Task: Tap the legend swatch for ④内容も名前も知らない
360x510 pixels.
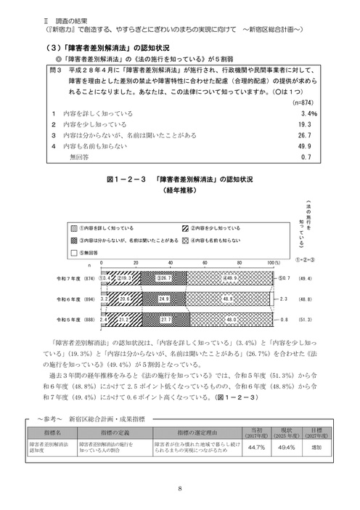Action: [187, 239]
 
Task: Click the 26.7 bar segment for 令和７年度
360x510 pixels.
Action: [163, 278]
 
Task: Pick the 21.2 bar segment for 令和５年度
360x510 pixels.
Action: [128, 318]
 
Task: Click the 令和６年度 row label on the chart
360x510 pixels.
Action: [75, 298]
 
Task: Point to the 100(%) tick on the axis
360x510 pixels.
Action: [272, 262]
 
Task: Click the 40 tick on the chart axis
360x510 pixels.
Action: [170, 262]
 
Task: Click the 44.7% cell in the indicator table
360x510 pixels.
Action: [255, 448]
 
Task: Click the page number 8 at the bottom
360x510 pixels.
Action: [179, 488]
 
